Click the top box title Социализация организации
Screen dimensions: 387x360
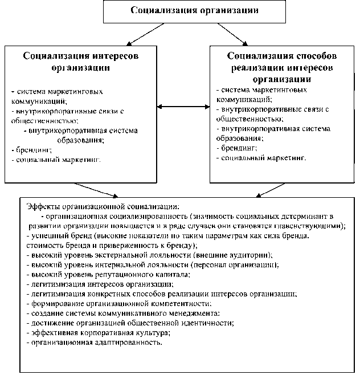click(x=178, y=11)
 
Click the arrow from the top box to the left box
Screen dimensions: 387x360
click(x=135, y=35)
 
